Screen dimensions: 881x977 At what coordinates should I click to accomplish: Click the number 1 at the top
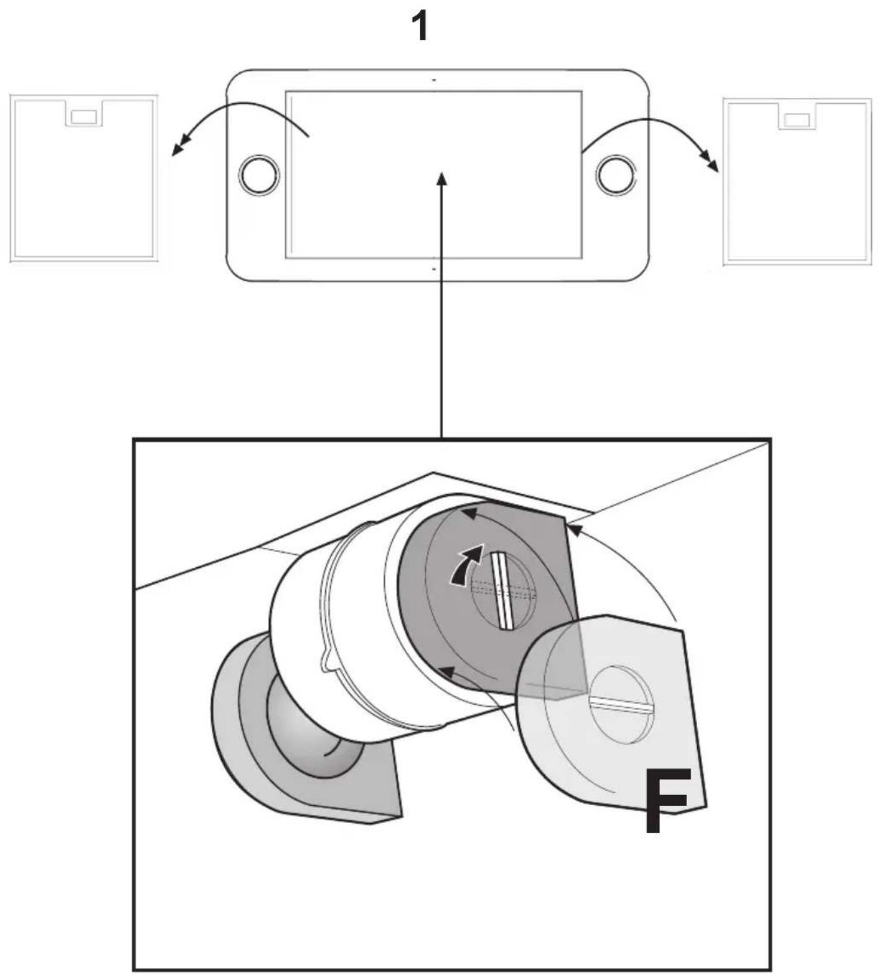pyautogui.click(x=419, y=27)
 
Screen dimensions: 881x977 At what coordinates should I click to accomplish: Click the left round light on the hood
pyautogui.click(x=259, y=174)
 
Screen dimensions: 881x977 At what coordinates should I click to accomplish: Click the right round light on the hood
pyautogui.click(x=616, y=174)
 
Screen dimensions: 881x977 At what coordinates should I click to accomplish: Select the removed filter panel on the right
pyautogui.click(x=797, y=181)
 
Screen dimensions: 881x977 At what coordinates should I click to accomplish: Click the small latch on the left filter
pyautogui.click(x=84, y=117)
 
